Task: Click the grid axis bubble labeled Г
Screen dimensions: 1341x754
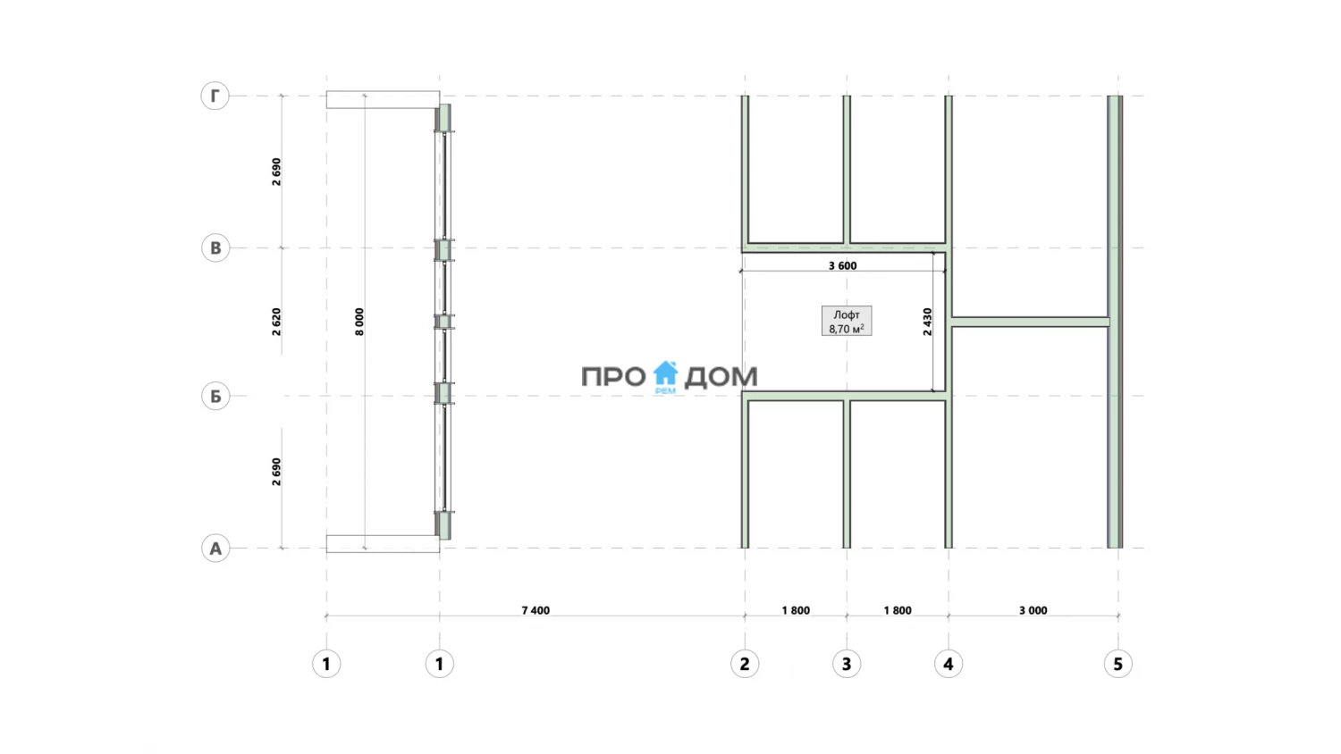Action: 215,96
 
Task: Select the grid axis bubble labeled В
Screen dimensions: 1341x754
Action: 215,247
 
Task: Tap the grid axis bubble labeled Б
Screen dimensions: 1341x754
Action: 215,396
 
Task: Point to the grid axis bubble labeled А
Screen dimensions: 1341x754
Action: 215,549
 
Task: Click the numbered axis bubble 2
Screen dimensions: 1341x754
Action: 745,664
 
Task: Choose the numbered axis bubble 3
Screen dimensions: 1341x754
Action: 847,664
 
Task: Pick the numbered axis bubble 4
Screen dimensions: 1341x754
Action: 949,664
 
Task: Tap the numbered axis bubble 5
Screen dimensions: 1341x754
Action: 1117,664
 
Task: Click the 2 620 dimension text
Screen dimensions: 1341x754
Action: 276,322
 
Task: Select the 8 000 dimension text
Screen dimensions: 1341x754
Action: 359,322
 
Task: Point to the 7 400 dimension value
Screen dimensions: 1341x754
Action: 536,610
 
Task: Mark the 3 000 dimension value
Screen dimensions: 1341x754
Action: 1033,610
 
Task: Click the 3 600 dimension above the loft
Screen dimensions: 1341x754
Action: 842,265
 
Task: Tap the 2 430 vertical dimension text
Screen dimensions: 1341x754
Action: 927,322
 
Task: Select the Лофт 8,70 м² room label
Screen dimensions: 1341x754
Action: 847,322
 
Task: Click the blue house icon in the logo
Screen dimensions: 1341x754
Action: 665,374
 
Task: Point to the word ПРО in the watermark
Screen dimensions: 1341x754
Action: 613,377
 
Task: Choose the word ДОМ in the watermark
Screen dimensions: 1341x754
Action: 721,377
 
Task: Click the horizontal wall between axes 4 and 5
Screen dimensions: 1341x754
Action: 1030,322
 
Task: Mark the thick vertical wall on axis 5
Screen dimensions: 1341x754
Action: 1115,322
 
